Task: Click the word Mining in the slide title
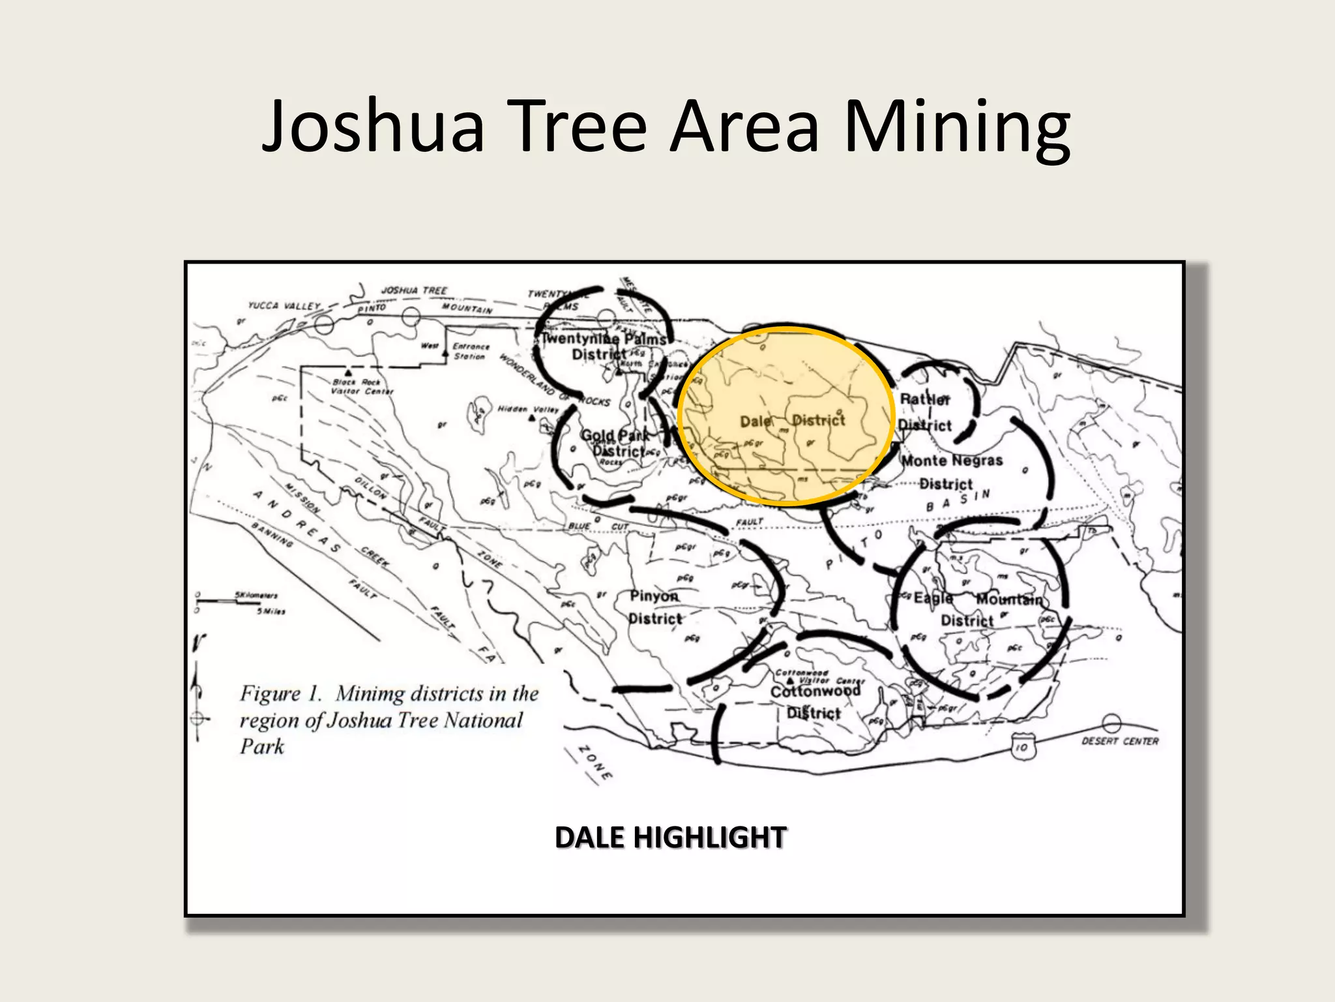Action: (x=957, y=127)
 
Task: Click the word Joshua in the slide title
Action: (x=374, y=127)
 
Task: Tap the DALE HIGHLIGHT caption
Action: (x=671, y=838)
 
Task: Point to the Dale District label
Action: (x=792, y=421)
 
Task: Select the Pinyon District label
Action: (x=654, y=607)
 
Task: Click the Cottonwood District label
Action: (x=815, y=701)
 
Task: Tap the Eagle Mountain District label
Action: (x=976, y=609)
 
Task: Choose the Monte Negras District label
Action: (x=951, y=472)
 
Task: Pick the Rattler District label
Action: (x=925, y=412)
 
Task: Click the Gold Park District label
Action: (x=615, y=443)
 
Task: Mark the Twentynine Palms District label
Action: (x=604, y=346)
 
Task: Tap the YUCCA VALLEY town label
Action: (x=284, y=305)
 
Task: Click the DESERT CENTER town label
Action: (x=1120, y=741)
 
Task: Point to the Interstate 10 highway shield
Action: (x=1021, y=747)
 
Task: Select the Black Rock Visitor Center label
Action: (x=362, y=387)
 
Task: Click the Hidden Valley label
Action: (x=528, y=410)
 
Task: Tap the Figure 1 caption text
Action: (x=389, y=720)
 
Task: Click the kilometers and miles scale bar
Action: (x=240, y=603)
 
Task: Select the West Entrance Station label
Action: (x=459, y=351)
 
